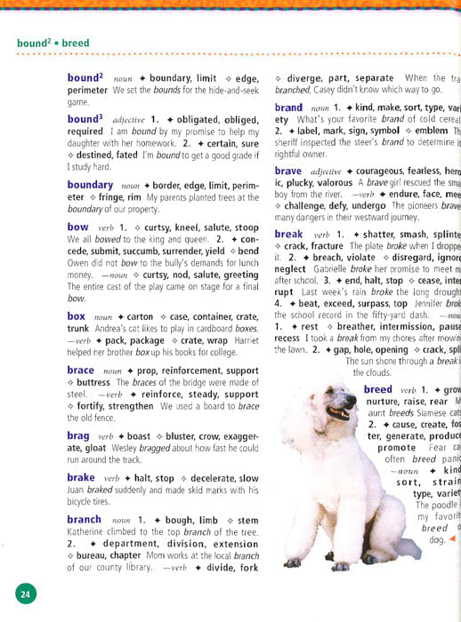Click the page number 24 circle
point(24,595)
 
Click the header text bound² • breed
point(53,43)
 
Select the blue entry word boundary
point(90,185)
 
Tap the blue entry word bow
point(78,227)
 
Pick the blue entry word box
point(77,315)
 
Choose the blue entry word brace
point(81,370)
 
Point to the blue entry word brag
point(79,435)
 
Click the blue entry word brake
point(82,477)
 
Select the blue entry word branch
point(85,519)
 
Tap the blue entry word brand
point(289,108)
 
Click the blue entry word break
point(289,234)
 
